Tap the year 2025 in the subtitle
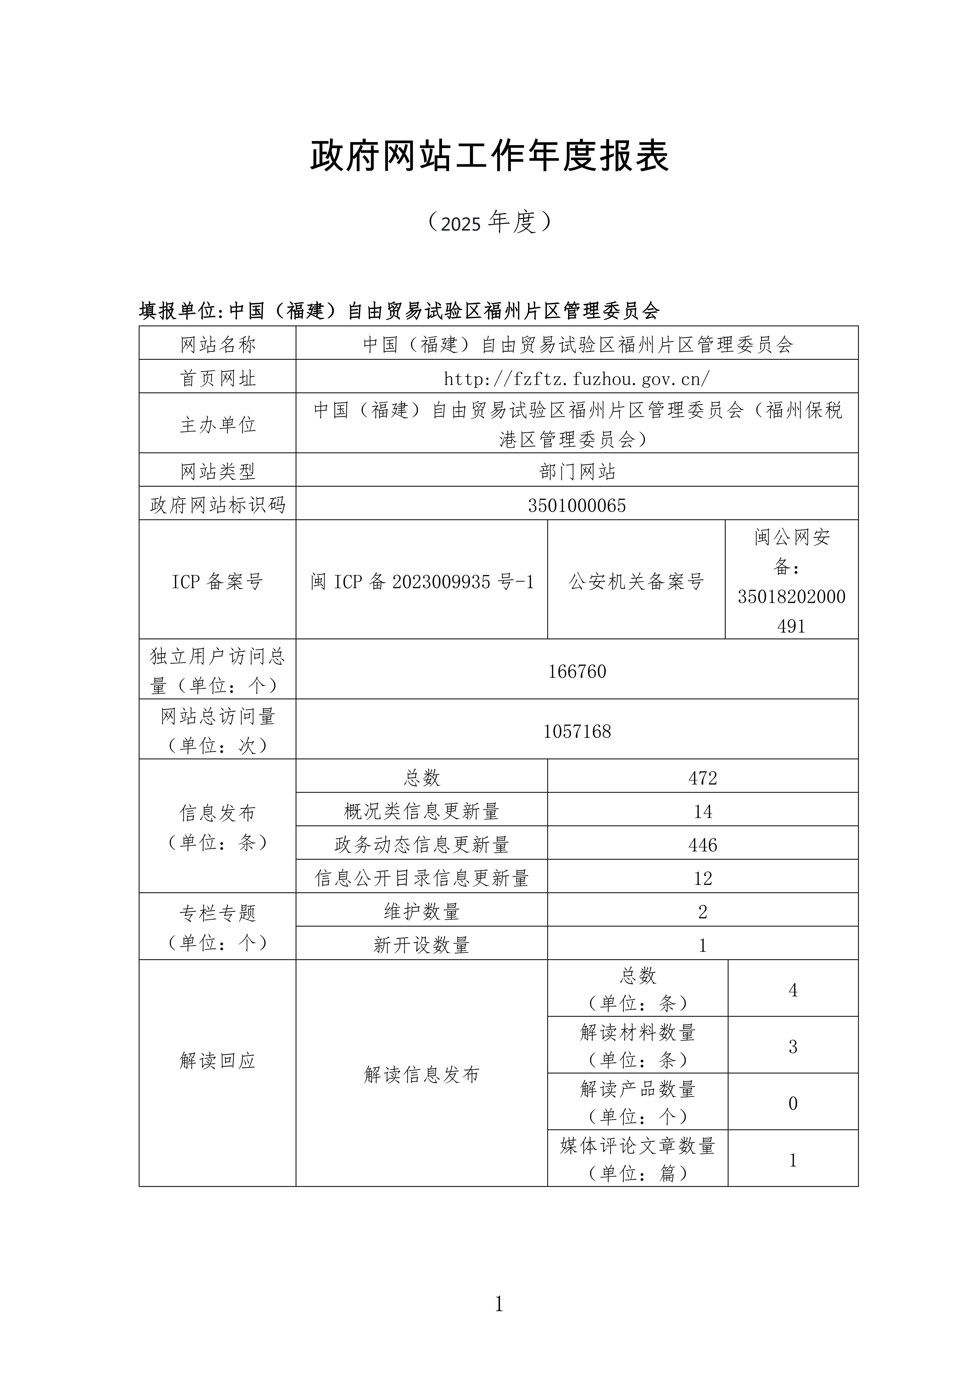pyautogui.click(x=461, y=224)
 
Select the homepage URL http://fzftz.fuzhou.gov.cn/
pyautogui.click(x=577, y=378)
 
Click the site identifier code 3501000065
pyautogui.click(x=577, y=505)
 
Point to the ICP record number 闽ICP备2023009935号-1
pyautogui.click(x=422, y=582)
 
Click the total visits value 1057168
pyautogui.click(x=577, y=731)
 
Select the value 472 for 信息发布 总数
pyautogui.click(x=703, y=778)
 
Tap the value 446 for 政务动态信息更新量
pyautogui.click(x=703, y=845)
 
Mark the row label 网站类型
pyautogui.click(x=218, y=471)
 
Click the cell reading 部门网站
pyautogui.click(x=577, y=471)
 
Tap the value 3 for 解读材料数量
pyautogui.click(x=793, y=1047)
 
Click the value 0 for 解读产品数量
pyautogui.click(x=793, y=1104)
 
